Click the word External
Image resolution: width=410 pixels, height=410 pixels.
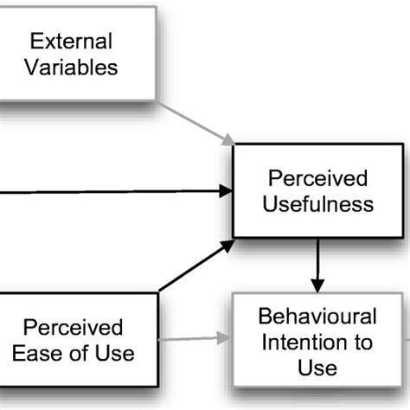pyautogui.click(x=72, y=41)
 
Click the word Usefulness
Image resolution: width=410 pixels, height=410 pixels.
pyautogui.click(x=320, y=205)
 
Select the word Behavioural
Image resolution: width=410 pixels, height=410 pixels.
pyautogui.click(x=317, y=317)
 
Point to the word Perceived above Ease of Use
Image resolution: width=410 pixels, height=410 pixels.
pyautogui.click(x=73, y=328)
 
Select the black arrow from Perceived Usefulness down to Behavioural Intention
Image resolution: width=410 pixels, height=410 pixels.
pyautogui.click(x=317, y=265)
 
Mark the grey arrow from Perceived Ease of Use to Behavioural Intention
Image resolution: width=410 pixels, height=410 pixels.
pyautogui.click(x=195, y=338)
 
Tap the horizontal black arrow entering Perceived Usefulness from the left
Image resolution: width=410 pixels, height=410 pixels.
pyautogui.click(x=112, y=190)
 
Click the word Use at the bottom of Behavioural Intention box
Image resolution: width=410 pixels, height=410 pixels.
pyautogui.click(x=317, y=368)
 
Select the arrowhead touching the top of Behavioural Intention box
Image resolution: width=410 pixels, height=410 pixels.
pyautogui.click(x=317, y=285)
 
